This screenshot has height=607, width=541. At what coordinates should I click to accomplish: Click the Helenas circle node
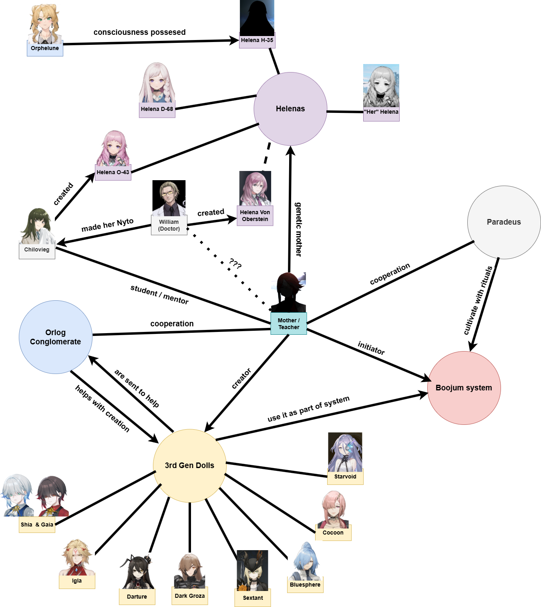[290, 109]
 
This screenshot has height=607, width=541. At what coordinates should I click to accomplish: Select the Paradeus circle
[504, 222]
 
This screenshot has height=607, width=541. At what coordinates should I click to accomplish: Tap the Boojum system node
[464, 388]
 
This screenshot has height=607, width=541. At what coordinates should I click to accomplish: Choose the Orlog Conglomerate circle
[55, 337]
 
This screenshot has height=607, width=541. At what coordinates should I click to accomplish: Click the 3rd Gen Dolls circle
[189, 465]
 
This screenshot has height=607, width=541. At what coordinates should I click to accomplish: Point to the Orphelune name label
[45, 48]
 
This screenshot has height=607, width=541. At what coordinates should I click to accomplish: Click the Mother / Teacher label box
[289, 324]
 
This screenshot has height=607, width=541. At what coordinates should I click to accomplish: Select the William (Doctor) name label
[169, 225]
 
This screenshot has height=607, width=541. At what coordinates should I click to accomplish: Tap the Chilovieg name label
[37, 250]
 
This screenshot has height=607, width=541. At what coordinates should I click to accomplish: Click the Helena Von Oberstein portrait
[255, 188]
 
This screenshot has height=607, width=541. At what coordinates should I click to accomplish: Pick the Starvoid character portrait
[345, 452]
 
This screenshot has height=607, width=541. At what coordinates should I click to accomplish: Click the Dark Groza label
[190, 596]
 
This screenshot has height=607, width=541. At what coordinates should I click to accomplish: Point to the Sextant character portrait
[252, 570]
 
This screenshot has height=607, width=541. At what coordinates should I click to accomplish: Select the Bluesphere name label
[305, 585]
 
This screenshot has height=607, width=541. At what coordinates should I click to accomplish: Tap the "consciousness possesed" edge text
[139, 32]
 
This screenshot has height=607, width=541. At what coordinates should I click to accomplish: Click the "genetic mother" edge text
[298, 229]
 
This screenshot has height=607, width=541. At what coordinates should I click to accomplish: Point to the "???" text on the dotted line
[235, 264]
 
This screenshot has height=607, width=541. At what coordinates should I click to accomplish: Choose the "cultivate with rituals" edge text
[478, 300]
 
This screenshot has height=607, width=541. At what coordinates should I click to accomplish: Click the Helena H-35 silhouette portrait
[257, 18]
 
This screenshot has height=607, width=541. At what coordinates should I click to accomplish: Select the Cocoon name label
[333, 533]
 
